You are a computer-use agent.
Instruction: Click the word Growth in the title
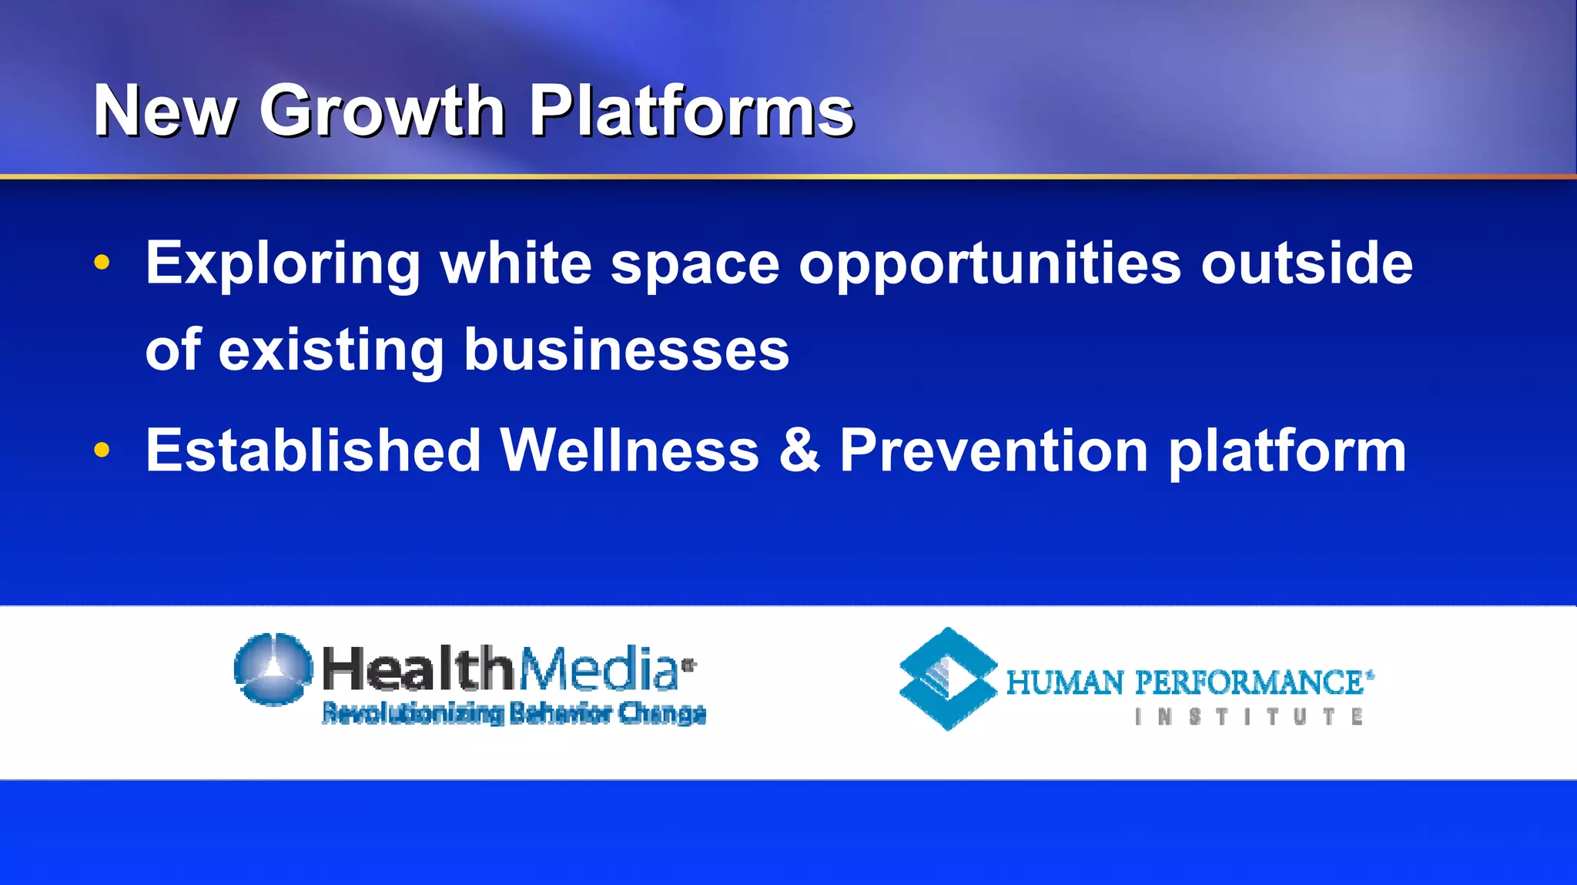click(382, 112)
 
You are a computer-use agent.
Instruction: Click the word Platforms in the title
click(691, 112)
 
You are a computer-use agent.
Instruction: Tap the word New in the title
click(165, 112)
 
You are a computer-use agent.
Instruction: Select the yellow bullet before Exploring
click(102, 263)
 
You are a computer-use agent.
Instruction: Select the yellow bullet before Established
click(102, 450)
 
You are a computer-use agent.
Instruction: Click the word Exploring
click(283, 264)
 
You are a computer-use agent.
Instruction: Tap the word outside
click(1307, 263)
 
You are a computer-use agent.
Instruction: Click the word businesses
click(626, 350)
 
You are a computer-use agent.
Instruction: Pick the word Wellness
click(629, 450)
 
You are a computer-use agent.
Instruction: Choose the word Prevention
click(994, 450)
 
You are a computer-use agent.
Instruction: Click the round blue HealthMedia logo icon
click(273, 669)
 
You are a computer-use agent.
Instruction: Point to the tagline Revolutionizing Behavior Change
click(514, 713)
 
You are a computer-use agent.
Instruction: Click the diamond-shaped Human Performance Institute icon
click(948, 679)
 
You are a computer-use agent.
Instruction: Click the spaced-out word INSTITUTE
click(1248, 717)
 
